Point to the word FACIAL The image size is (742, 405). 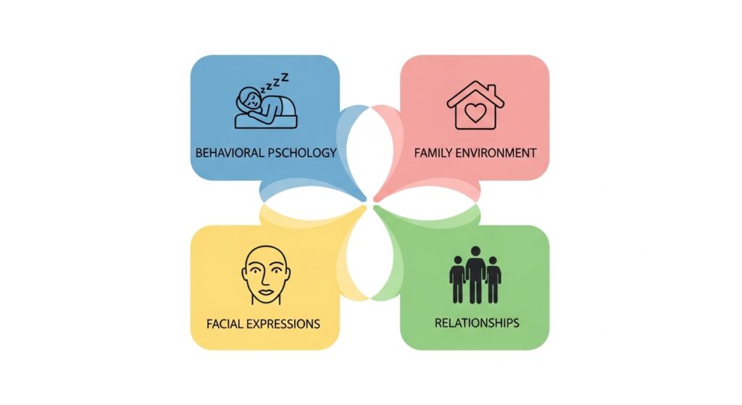(x=228, y=323)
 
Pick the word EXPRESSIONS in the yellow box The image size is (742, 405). (x=285, y=323)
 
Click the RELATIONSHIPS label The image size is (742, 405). (x=476, y=323)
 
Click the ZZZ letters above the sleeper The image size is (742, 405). (x=279, y=79)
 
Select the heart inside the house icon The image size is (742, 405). (x=475, y=113)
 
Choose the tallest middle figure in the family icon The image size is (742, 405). (x=475, y=274)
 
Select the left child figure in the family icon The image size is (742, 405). (x=457, y=279)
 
